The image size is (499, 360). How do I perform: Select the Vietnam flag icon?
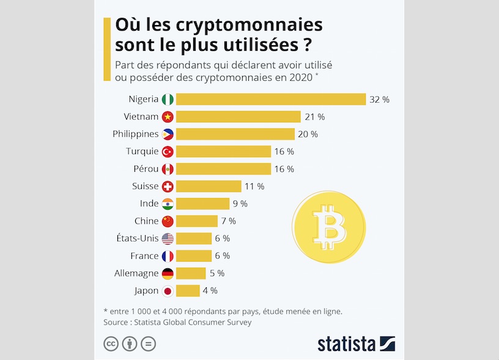[168, 117]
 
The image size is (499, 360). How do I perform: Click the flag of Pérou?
[168, 169]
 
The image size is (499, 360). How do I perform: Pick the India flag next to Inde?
[168, 204]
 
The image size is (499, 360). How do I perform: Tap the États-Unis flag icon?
[168, 238]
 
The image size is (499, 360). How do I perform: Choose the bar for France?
[193, 255]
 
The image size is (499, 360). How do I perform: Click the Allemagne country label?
[136, 273]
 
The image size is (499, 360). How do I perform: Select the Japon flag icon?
[168, 290]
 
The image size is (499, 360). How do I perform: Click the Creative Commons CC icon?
[111, 344]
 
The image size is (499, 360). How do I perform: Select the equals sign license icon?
[149, 344]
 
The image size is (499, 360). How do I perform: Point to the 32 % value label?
[379, 99]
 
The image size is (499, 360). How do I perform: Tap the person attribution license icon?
[130, 344]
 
